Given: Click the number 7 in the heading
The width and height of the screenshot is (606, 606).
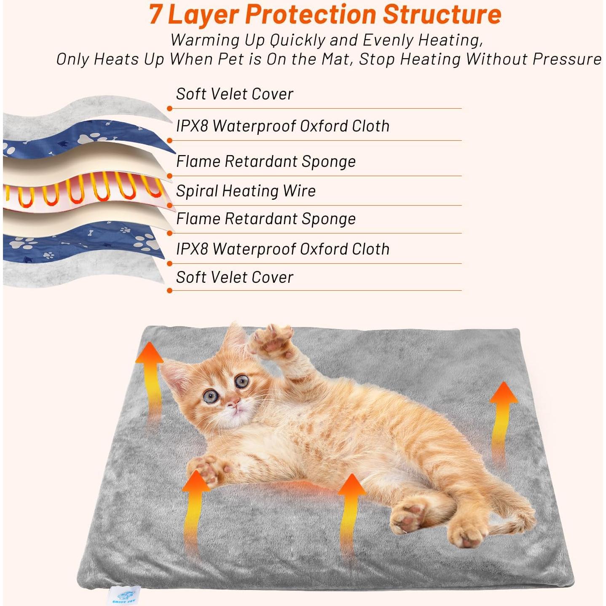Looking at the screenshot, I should (156, 14).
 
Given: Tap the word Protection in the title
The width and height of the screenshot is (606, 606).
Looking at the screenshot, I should (311, 14).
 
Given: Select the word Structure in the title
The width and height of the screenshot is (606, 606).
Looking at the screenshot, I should (442, 14).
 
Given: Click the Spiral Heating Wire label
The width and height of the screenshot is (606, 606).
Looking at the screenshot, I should (246, 191).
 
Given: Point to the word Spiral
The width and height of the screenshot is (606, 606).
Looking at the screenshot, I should (197, 191).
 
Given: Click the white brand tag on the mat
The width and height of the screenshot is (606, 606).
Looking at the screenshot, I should (123, 596).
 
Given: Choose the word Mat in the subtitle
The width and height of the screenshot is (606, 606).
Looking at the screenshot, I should (337, 59).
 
